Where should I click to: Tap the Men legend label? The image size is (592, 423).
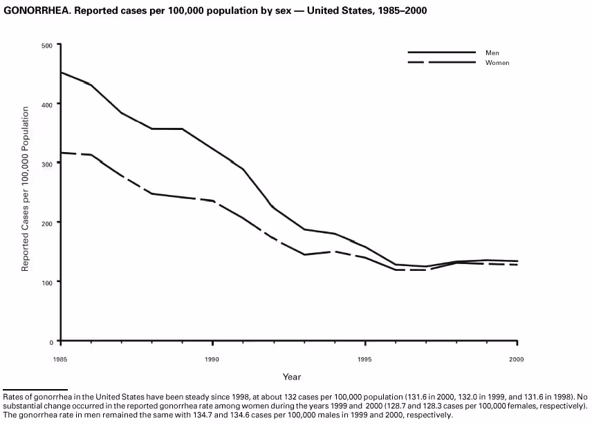492,53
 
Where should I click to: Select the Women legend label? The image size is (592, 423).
497,62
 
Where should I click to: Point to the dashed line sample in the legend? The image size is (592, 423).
441,62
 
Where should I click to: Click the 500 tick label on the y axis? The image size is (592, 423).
46,45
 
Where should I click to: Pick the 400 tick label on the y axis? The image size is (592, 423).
46,104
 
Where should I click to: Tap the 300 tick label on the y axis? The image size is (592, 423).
46,163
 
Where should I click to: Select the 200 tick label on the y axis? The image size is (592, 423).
46,223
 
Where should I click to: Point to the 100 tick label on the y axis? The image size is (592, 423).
46,281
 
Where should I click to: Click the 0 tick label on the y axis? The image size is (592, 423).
50,341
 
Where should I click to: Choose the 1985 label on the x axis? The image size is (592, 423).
61,359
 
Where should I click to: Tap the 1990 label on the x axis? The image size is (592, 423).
212,359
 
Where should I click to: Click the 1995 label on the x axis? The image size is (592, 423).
365,359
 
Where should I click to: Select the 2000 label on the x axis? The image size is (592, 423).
517,359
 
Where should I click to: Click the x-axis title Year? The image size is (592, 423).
291,377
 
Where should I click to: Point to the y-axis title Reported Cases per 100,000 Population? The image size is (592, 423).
25,189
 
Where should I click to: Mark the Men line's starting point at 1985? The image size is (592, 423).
62,72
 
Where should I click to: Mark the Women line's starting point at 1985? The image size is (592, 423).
62,152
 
